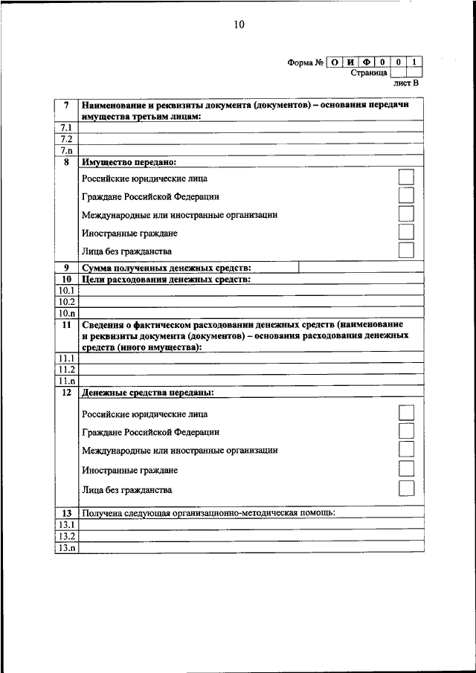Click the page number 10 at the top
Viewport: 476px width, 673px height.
(x=238, y=25)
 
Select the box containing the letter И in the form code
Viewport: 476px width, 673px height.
(x=351, y=62)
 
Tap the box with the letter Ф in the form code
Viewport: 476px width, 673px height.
(x=367, y=62)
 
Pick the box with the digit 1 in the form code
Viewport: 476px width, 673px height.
(x=415, y=62)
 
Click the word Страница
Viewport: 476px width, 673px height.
(x=368, y=73)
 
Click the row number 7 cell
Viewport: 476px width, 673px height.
(x=67, y=106)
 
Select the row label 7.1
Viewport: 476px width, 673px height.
(x=66, y=128)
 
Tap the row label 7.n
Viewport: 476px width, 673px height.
(x=66, y=149)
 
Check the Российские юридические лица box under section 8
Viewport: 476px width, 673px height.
(x=406, y=178)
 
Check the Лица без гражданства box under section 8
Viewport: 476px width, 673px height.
(x=406, y=251)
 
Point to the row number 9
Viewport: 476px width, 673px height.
(x=67, y=268)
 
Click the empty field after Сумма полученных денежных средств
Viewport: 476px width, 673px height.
(x=361, y=268)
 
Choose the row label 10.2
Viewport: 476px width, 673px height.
(x=67, y=302)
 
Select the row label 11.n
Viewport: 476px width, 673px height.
(x=67, y=380)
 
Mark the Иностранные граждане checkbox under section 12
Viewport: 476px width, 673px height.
(x=406, y=468)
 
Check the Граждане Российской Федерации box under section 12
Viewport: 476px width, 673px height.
(x=406, y=431)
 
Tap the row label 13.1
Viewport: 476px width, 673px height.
(x=67, y=524)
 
